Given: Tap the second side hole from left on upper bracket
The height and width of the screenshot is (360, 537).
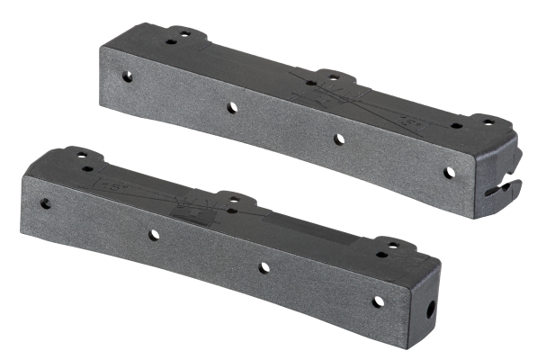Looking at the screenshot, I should point(232,107).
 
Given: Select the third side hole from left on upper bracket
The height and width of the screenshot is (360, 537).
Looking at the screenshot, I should point(339,139).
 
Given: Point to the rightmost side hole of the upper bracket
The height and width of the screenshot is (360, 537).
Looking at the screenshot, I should point(449,172).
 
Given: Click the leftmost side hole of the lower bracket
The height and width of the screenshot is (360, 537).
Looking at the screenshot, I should point(45,203).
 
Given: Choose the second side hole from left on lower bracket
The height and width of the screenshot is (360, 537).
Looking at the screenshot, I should point(154,235).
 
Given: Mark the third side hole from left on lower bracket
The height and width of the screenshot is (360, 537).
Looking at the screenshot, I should point(264,267).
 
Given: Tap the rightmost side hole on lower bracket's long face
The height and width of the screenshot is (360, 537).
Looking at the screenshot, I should point(378,301).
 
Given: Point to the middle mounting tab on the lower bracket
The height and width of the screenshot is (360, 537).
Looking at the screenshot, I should point(231,199).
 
